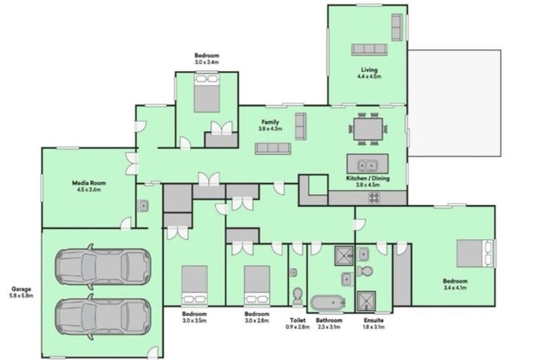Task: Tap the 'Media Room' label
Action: [x=88, y=183]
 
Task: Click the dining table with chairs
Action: [x=368, y=129]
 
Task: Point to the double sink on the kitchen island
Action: [x=367, y=166]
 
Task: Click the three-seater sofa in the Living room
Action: [x=369, y=49]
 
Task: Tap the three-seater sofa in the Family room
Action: [x=273, y=148]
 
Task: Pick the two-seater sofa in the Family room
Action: [x=300, y=125]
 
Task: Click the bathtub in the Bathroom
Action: [x=328, y=302]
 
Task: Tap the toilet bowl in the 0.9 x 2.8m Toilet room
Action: [x=297, y=294]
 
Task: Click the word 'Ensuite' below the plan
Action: [x=373, y=321]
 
